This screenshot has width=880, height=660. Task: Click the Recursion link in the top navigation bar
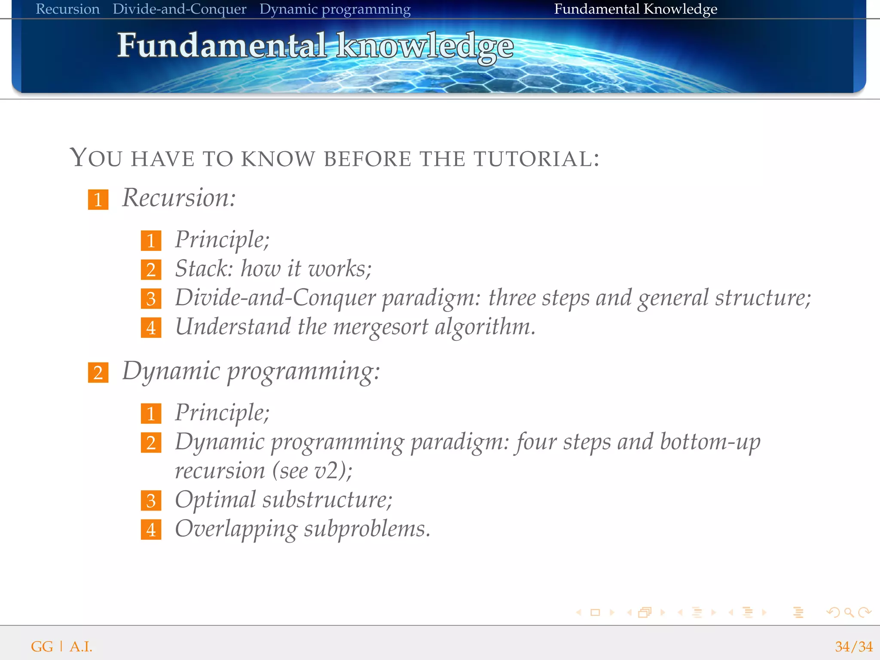(x=67, y=9)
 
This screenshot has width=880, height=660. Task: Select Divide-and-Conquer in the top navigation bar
(x=179, y=9)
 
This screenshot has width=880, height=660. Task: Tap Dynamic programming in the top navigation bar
(x=335, y=9)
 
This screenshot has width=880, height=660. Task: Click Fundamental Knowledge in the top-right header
(x=635, y=9)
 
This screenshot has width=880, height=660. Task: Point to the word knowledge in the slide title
(x=425, y=46)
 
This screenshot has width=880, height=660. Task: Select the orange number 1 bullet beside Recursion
(x=98, y=200)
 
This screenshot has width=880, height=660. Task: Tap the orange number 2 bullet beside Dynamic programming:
(x=98, y=373)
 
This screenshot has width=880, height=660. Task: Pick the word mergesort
(x=381, y=327)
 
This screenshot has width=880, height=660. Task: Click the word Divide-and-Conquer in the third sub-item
(x=275, y=298)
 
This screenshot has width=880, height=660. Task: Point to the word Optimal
(x=215, y=500)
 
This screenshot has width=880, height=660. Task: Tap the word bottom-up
(x=710, y=442)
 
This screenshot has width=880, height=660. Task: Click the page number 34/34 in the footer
(x=853, y=647)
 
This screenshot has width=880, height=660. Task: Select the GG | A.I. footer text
(x=61, y=647)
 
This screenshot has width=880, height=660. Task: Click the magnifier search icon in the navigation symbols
(x=849, y=612)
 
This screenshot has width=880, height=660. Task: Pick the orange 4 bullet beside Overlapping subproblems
(x=151, y=529)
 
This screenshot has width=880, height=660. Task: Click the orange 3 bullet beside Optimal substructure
(x=151, y=501)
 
